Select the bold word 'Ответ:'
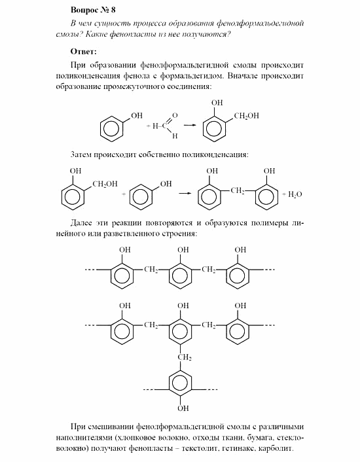[83, 51]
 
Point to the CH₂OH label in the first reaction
[246, 116]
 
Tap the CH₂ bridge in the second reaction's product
[237, 190]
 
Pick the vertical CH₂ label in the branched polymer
[185, 357]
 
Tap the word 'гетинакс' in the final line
[246, 450]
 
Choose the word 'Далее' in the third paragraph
[82, 222]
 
